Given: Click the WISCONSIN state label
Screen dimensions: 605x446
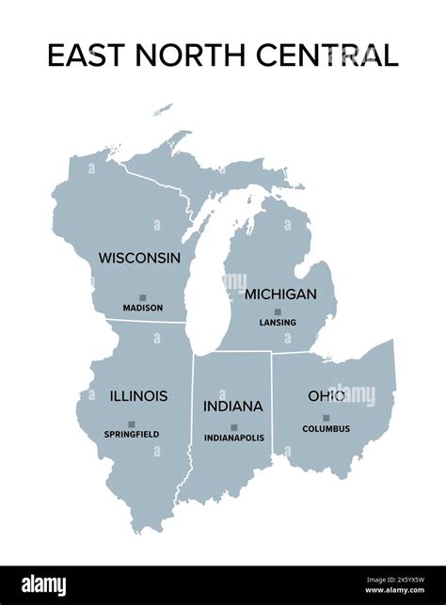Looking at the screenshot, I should coord(139,257).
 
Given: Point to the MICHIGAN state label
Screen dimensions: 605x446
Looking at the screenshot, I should coord(280,294).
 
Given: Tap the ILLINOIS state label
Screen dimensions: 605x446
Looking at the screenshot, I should coord(138,396).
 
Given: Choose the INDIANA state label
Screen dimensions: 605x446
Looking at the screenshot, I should coord(232,406).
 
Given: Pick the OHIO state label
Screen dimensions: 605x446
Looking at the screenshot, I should coord(327,396).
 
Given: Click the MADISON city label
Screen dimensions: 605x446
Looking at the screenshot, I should coord(142,308).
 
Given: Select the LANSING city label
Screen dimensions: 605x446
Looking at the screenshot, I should coord(278,323).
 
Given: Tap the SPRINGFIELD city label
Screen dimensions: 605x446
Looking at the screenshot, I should coord(132,434).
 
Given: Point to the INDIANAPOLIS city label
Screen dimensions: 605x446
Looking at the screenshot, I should coord(234,438).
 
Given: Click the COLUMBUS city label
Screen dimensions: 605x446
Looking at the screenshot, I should coord(327,429).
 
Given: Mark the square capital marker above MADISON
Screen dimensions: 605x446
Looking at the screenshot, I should coord(142,296).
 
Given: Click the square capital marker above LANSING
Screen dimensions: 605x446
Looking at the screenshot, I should coord(278,311).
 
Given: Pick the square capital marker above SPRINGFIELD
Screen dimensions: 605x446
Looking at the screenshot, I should coord(132,423).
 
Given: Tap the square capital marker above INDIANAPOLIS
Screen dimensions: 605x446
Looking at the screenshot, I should coord(234,427).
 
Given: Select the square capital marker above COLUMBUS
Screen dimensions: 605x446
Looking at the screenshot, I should coord(327,418).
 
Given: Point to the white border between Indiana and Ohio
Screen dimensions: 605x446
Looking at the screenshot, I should coord(272,405).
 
